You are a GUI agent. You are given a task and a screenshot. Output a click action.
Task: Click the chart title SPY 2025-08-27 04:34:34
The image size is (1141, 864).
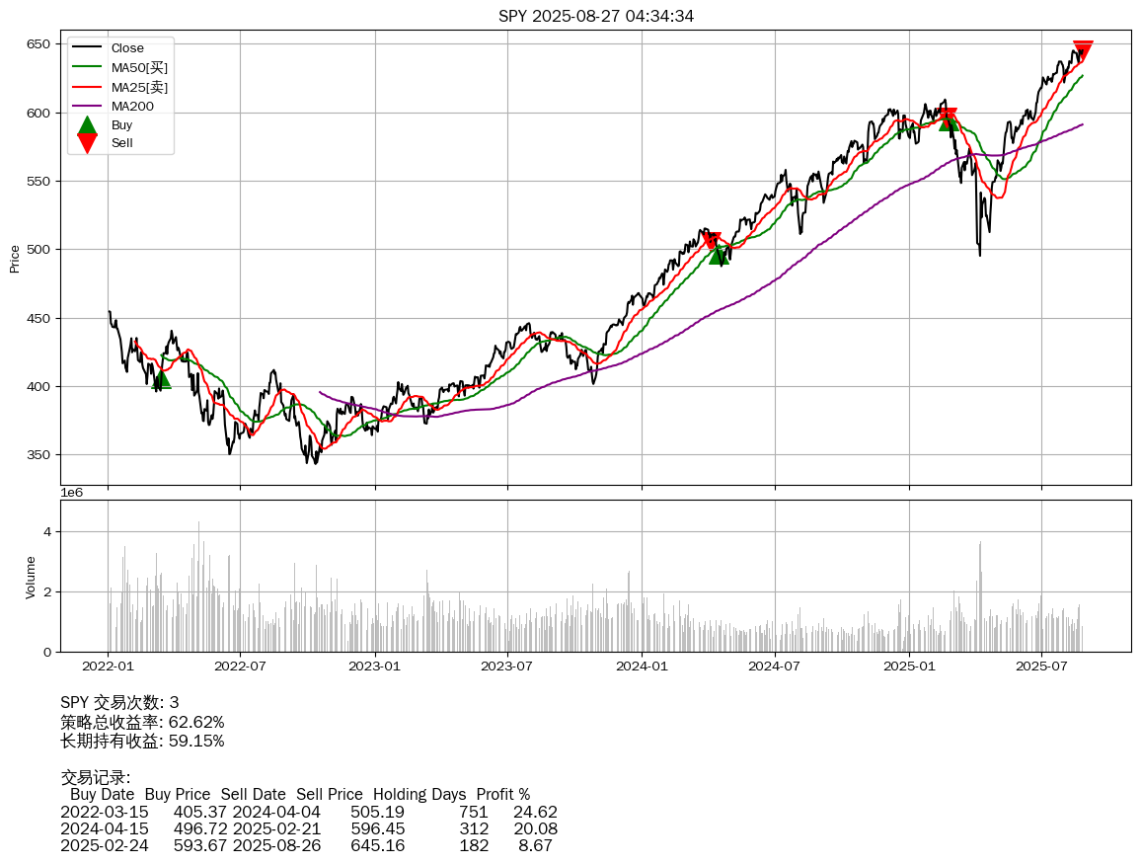click(595, 16)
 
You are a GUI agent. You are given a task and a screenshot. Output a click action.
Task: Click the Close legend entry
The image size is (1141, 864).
click(127, 48)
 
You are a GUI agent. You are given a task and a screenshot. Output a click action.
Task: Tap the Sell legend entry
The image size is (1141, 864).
click(121, 143)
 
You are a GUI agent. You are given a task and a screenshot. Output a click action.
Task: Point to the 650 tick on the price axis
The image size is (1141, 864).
click(39, 44)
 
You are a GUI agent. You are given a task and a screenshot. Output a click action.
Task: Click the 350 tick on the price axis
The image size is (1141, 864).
click(39, 455)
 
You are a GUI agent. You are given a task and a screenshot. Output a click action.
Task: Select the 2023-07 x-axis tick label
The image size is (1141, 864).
click(507, 666)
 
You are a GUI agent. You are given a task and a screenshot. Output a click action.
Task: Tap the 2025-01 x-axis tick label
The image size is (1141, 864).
click(908, 666)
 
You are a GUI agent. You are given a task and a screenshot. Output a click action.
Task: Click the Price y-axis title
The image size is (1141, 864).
click(15, 259)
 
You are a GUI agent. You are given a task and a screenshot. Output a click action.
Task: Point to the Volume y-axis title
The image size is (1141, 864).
click(31, 577)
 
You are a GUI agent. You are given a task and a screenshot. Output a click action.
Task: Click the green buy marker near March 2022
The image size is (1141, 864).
click(161, 379)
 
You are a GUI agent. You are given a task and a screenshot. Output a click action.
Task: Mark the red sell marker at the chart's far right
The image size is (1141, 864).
click(1083, 50)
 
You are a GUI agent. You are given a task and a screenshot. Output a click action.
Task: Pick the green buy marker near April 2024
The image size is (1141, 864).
click(719, 255)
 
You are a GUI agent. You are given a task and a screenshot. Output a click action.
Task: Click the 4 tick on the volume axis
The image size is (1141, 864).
click(45, 531)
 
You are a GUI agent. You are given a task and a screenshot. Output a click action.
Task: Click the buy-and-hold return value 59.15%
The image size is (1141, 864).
click(196, 741)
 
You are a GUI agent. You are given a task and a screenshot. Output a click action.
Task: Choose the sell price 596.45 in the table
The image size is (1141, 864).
click(377, 828)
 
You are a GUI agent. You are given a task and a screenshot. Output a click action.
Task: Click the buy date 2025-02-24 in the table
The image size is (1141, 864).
click(105, 846)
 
